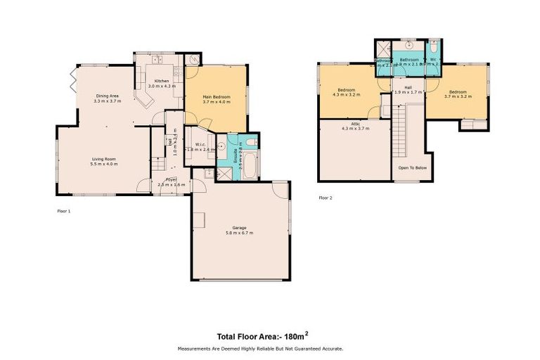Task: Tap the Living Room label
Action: tap(104, 160)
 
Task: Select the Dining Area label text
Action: tap(107, 96)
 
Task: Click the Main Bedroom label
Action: tap(216, 96)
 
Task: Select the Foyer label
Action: tap(171, 180)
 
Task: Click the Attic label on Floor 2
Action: tap(354, 124)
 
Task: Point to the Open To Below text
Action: tap(413, 168)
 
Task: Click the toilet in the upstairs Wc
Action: tap(434, 45)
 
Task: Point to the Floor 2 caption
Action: tap(325, 198)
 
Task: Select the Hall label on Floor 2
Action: tap(408, 89)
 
